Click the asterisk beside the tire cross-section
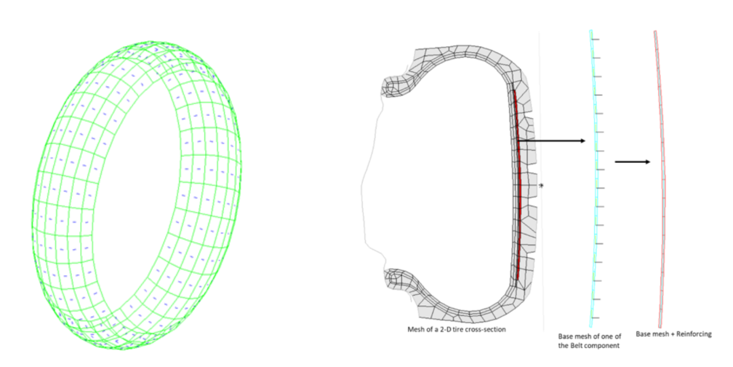542,186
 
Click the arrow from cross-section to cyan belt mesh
552,140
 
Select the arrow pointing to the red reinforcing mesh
633,161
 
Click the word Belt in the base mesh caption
576,345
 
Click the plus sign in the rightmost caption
669,334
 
